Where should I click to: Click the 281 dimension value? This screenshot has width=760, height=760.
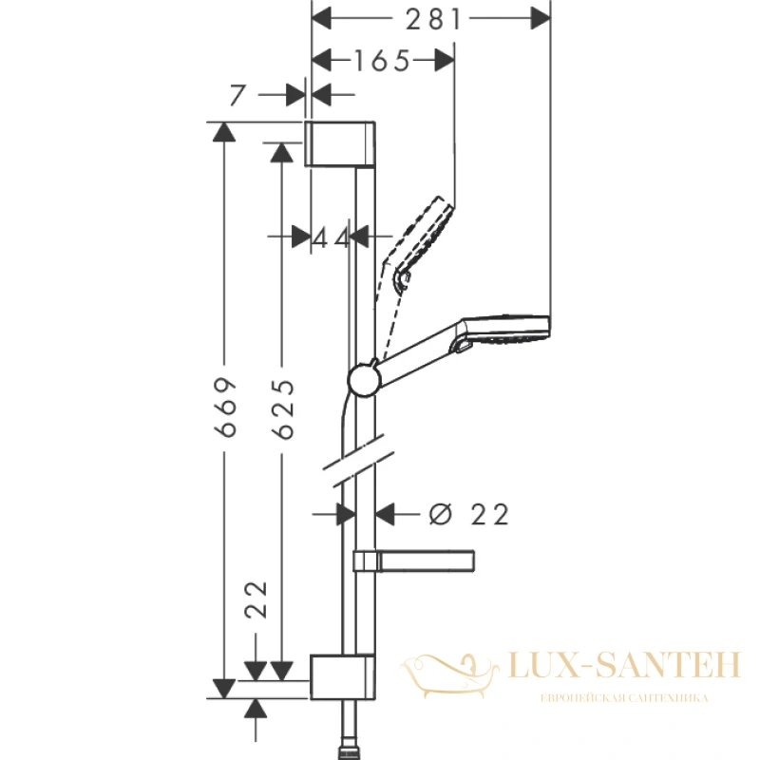[x=433, y=20]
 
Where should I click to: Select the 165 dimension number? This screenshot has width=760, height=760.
[x=383, y=61]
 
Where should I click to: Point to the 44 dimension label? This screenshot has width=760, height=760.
[x=330, y=238]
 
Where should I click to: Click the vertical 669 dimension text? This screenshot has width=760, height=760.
[x=226, y=408]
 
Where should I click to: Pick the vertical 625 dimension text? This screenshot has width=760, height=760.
[x=283, y=410]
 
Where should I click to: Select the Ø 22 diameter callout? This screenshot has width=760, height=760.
[x=468, y=514]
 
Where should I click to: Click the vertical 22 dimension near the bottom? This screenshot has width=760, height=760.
[x=256, y=599]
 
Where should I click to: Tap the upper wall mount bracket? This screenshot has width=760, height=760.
[x=340, y=144]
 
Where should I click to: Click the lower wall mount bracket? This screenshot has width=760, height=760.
[x=342, y=677]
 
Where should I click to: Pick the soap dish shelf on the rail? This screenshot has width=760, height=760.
[x=414, y=561]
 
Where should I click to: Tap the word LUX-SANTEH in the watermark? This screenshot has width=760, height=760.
[x=625, y=665]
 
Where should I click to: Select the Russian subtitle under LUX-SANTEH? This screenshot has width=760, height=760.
[x=624, y=698]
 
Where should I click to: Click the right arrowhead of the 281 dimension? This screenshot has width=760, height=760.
[x=541, y=18]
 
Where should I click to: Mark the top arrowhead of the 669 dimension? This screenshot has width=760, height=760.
[x=224, y=132]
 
